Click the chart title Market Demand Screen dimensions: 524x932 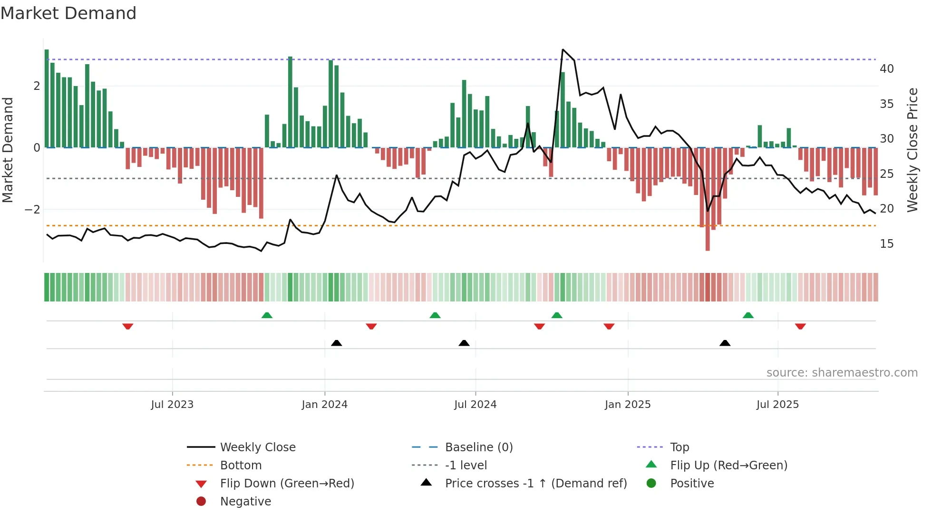click(68, 13)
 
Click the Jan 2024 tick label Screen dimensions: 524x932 click(324, 405)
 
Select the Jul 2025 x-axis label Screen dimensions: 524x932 click(777, 405)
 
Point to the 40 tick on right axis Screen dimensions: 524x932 click(886, 69)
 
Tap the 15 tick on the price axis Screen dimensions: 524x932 click(886, 244)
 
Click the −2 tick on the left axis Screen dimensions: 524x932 click(32, 210)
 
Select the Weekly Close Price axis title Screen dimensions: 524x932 click(912, 150)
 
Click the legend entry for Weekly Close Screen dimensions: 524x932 click(257, 447)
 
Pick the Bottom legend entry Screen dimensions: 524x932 click(241, 466)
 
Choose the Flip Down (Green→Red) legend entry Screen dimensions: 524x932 click(287, 484)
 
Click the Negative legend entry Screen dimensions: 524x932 click(245, 502)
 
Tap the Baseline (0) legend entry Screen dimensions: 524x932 click(478, 447)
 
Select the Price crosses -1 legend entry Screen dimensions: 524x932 click(535, 484)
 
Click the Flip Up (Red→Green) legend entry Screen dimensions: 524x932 click(728, 466)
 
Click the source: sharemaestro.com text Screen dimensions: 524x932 click(842, 373)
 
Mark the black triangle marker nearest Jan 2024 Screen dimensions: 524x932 click(336, 343)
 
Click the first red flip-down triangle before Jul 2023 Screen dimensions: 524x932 click(127, 327)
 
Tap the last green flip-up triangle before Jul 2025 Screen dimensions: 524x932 click(748, 315)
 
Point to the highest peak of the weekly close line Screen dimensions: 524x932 click(563, 49)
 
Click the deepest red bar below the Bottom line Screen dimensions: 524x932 click(708, 247)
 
